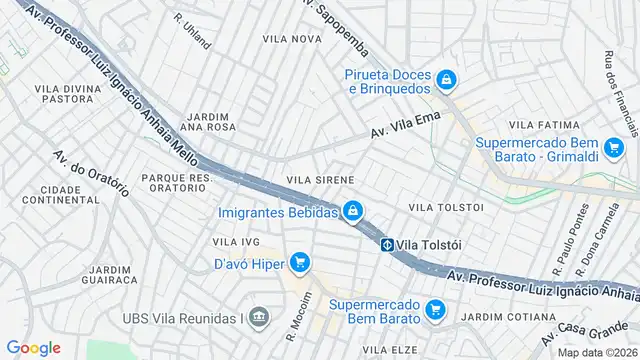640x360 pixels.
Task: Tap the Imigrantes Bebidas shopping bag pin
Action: coord(352,211)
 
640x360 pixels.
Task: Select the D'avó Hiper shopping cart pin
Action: coord(298,263)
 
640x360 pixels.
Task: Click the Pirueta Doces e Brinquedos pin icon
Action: coord(449,80)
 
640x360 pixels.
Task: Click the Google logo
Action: coord(33,347)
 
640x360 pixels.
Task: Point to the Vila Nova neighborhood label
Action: coord(291,38)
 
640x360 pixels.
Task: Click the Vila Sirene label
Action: coord(320,179)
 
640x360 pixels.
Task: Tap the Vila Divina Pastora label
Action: coord(64,94)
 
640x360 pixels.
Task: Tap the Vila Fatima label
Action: coord(544,124)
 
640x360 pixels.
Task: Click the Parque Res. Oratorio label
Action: coord(177,183)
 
